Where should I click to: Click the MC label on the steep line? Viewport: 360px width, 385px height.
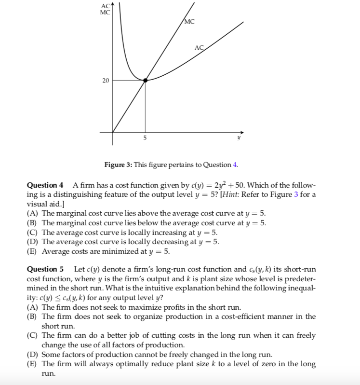(189, 22)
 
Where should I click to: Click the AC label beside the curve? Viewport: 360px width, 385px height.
(199, 47)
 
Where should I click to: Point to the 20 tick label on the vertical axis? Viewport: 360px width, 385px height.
(105, 80)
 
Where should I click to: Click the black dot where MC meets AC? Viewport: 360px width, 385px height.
(145, 80)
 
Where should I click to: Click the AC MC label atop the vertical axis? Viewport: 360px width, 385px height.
(105, 8)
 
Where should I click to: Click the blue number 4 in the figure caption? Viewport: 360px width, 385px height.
(235, 165)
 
